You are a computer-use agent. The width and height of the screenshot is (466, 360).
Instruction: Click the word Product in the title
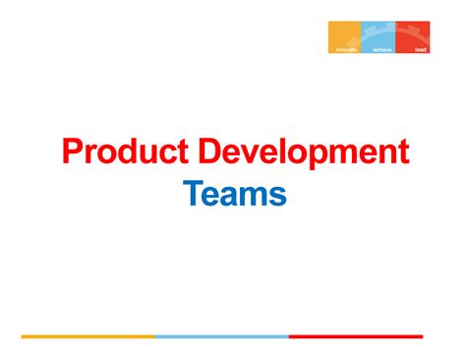click(126, 152)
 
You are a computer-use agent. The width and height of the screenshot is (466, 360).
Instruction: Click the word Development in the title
click(305, 152)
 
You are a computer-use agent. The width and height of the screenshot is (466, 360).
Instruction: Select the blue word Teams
click(235, 195)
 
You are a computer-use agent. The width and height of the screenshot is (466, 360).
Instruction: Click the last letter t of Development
click(402, 154)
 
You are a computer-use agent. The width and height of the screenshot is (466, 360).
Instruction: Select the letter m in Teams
click(255, 197)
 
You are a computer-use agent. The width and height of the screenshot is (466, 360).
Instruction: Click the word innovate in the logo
click(346, 48)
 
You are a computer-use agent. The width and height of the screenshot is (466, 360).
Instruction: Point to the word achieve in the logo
click(382, 48)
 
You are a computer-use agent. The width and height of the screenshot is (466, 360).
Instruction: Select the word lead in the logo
click(420, 48)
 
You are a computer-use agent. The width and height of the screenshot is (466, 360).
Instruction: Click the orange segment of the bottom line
click(87, 336)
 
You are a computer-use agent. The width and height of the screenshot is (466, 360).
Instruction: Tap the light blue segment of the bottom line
click(221, 336)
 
